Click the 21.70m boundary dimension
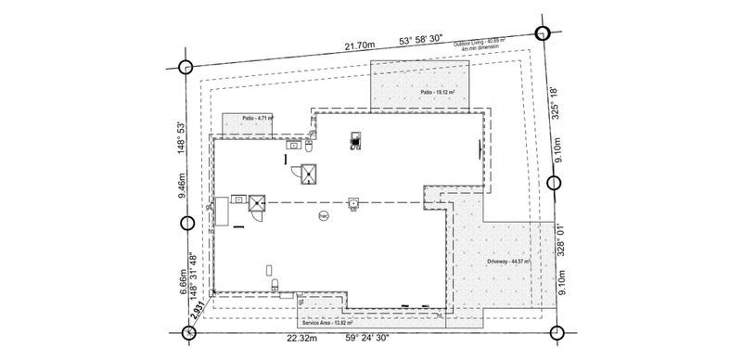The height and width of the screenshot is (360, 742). click(359, 45)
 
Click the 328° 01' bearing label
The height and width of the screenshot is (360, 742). click(557, 238)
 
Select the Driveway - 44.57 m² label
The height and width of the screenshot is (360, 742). click(508, 263)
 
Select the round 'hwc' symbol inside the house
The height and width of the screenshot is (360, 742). click(324, 215)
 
